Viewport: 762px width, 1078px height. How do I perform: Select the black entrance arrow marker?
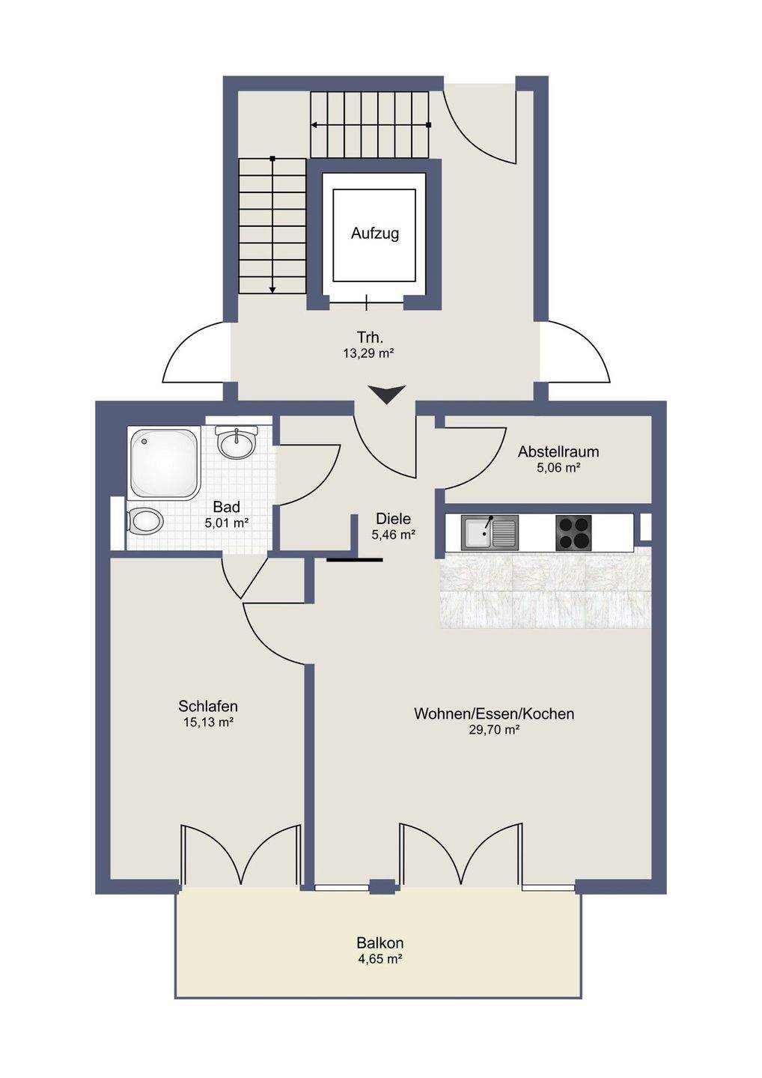coord(387,395)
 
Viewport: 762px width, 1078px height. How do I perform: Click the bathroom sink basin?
coord(237,442)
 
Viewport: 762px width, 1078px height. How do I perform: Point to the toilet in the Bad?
coord(144,521)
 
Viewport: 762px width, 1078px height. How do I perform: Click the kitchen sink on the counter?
coord(490,533)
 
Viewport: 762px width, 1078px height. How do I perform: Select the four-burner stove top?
coord(573,533)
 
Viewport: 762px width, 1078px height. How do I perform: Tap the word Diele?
coord(393,519)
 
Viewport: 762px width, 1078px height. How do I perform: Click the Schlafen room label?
coord(208,707)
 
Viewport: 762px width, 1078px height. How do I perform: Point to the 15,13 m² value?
coord(208,722)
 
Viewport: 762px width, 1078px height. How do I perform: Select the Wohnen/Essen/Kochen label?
coord(494,713)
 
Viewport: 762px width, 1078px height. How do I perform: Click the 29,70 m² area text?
coord(494,730)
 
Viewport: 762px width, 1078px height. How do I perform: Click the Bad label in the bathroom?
coord(226,507)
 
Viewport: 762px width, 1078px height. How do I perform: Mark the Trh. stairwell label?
coord(370,338)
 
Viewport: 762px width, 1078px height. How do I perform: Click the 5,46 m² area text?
coord(394,535)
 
